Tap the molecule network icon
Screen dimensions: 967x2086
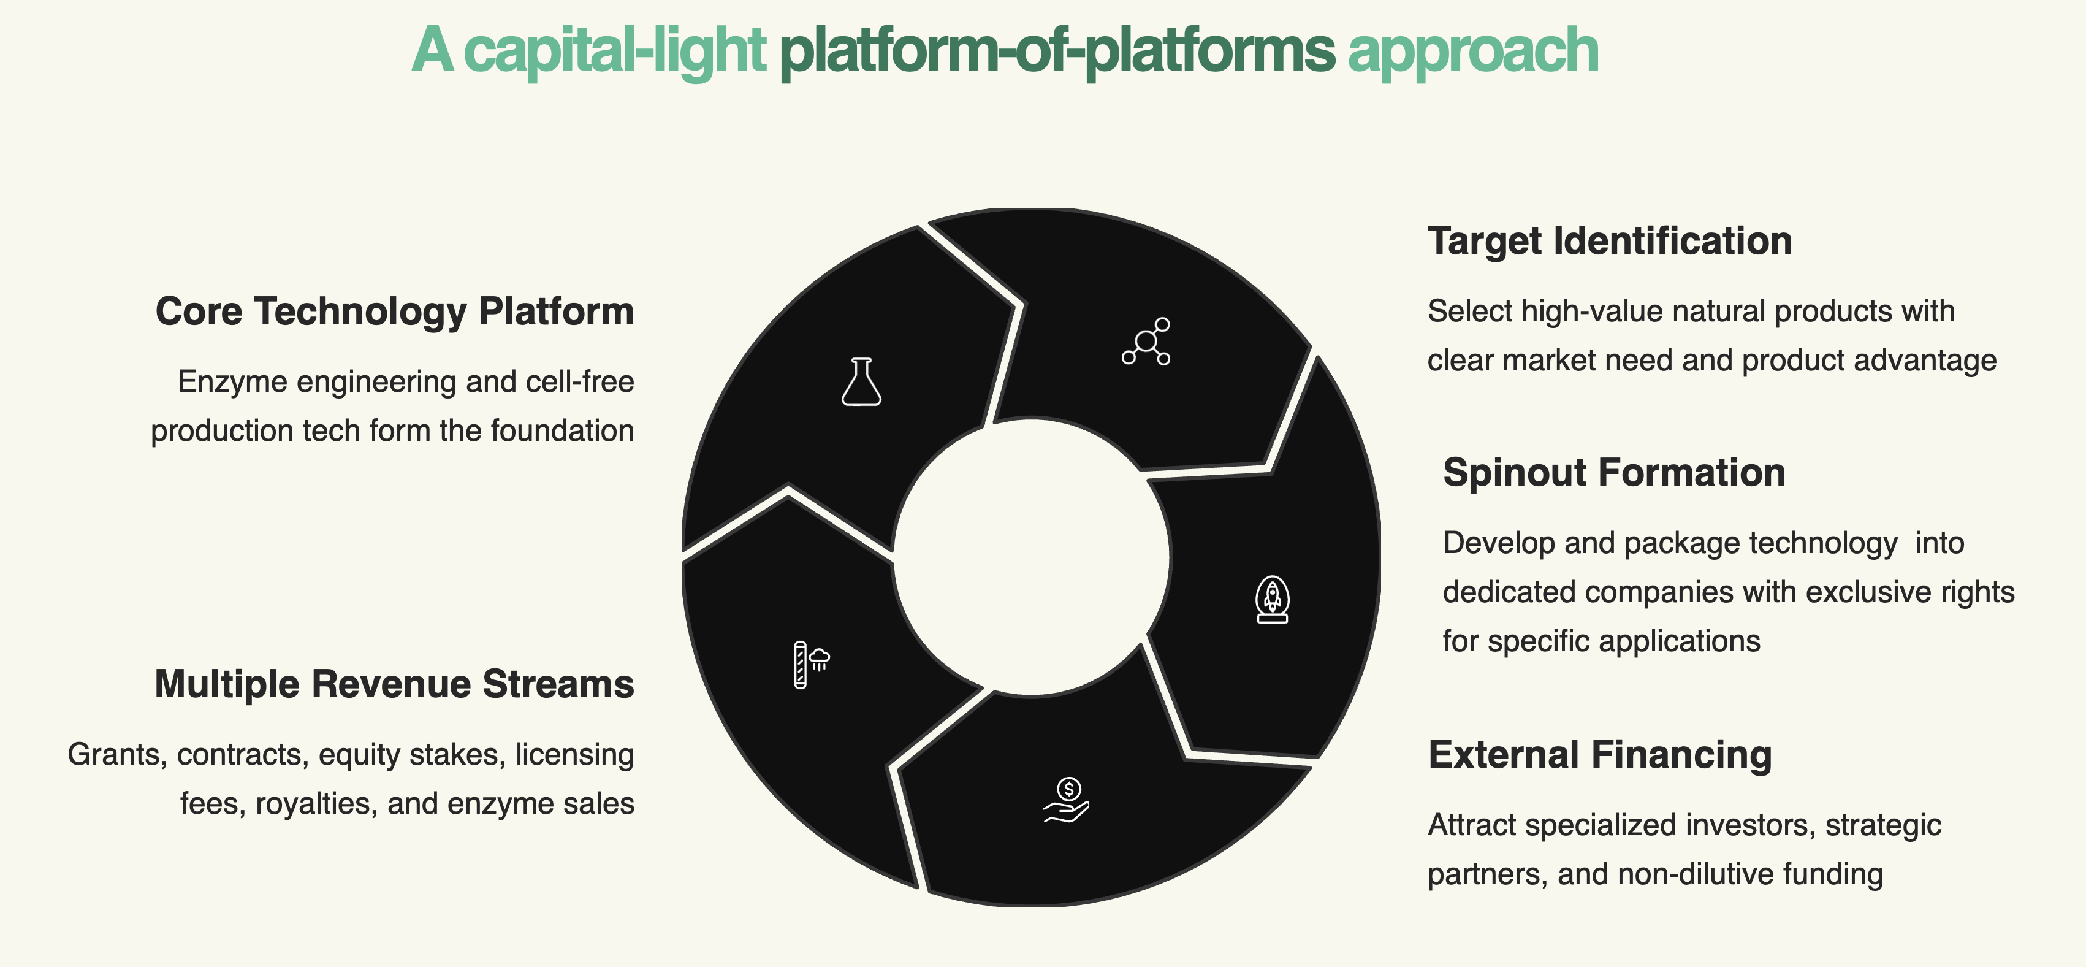coord(1146,342)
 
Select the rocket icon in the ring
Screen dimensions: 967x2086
coord(1272,600)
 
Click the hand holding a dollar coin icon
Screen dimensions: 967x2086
coord(1067,800)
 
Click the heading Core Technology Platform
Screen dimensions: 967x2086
coord(394,312)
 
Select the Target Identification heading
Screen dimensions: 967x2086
coord(1609,242)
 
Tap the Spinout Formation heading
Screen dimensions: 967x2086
coord(1614,473)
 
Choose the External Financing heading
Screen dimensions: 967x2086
coord(1599,755)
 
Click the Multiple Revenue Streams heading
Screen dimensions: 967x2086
coord(394,684)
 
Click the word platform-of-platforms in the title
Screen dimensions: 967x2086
coord(1056,50)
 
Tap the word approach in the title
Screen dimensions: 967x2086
coord(1473,50)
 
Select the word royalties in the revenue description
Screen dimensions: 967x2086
coord(317,805)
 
